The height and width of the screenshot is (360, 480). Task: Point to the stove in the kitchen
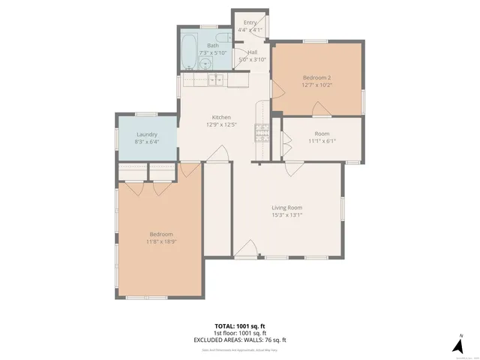coord(262,133)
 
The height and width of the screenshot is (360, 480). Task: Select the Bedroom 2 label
coord(316,77)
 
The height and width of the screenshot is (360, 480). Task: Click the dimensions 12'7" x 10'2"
coord(316,85)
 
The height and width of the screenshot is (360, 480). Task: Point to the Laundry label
coord(147,134)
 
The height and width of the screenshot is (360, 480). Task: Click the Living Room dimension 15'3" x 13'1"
coord(286,215)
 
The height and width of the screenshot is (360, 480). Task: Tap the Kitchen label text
coord(221,117)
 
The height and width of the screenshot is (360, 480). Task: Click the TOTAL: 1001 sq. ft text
coord(239,326)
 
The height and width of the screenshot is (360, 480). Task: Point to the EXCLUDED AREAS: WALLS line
coord(239,340)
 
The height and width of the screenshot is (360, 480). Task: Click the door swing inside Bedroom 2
coord(277,89)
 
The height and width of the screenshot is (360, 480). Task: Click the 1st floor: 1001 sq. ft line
coord(239,333)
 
